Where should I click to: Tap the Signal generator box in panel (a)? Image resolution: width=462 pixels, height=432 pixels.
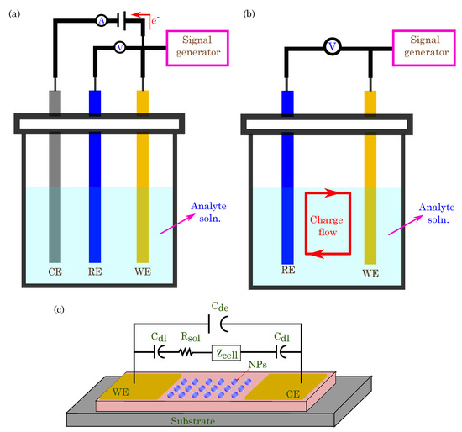point(202,47)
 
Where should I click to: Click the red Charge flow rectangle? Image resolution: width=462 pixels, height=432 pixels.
point(325,223)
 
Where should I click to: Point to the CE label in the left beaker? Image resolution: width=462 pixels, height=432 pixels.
point(55,272)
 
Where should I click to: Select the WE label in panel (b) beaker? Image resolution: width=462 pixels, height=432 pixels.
point(370,272)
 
